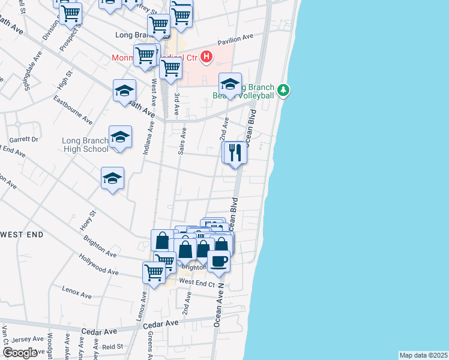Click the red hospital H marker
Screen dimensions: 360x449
206,58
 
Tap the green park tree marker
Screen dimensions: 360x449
284,91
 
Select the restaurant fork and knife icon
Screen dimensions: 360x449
235,152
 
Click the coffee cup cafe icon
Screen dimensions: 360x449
218,262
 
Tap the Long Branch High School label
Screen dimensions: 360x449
85,145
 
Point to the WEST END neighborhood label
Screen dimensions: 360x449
22,234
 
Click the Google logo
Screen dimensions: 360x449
20,353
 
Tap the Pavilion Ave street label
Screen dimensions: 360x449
235,39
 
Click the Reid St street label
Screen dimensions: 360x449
112,347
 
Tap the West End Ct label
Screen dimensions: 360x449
197,282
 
